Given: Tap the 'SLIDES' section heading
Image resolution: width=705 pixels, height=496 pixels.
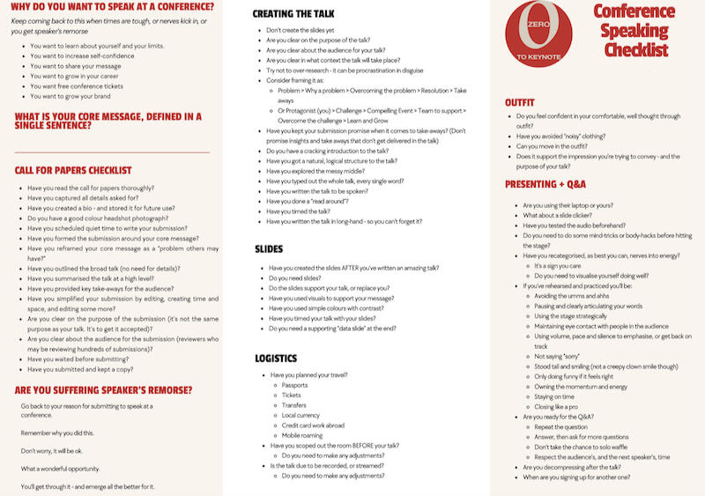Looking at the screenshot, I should click(x=269, y=249).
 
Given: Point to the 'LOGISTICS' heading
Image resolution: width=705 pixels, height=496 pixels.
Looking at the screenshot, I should click(x=276, y=358).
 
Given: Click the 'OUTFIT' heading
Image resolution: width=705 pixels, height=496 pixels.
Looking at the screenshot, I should click(x=519, y=102).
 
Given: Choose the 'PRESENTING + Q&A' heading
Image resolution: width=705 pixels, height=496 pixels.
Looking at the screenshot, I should click(x=545, y=184).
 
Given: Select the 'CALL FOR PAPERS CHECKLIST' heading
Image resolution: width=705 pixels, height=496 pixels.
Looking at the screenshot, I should click(x=73, y=170).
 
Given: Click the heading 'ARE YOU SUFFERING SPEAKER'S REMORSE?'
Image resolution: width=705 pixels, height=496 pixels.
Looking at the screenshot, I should click(x=103, y=389).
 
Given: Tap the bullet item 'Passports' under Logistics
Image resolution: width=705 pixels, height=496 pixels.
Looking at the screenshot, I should click(x=294, y=385).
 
